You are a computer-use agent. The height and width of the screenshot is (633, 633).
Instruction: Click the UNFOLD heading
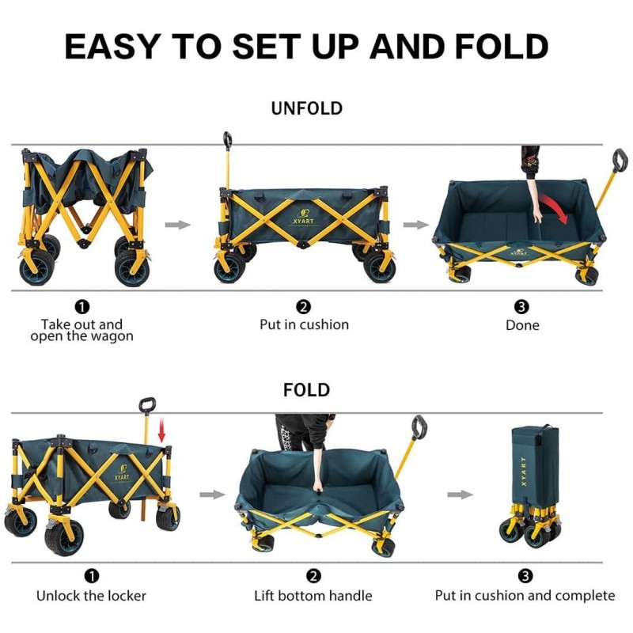307,108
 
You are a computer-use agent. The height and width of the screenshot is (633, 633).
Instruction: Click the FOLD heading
306,390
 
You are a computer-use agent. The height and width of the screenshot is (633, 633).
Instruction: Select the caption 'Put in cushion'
304,324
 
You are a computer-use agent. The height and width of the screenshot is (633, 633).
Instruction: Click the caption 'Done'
522,325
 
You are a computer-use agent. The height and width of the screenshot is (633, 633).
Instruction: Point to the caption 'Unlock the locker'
91,596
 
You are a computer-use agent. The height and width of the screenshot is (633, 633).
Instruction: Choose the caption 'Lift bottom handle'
313,596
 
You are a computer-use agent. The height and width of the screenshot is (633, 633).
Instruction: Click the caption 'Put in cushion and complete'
525,596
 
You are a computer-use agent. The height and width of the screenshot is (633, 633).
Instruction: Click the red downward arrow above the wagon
161,430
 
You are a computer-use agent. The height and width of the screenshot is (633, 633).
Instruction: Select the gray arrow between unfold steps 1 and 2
177,225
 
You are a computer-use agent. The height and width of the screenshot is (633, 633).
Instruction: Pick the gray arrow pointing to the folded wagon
461,495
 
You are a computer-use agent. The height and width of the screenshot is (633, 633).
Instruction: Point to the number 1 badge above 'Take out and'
82,307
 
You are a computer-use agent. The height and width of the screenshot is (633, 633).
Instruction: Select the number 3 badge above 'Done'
521,307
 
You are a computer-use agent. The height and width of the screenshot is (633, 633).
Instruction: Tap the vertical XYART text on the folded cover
524,472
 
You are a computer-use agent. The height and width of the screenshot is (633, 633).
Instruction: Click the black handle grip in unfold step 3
620,161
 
